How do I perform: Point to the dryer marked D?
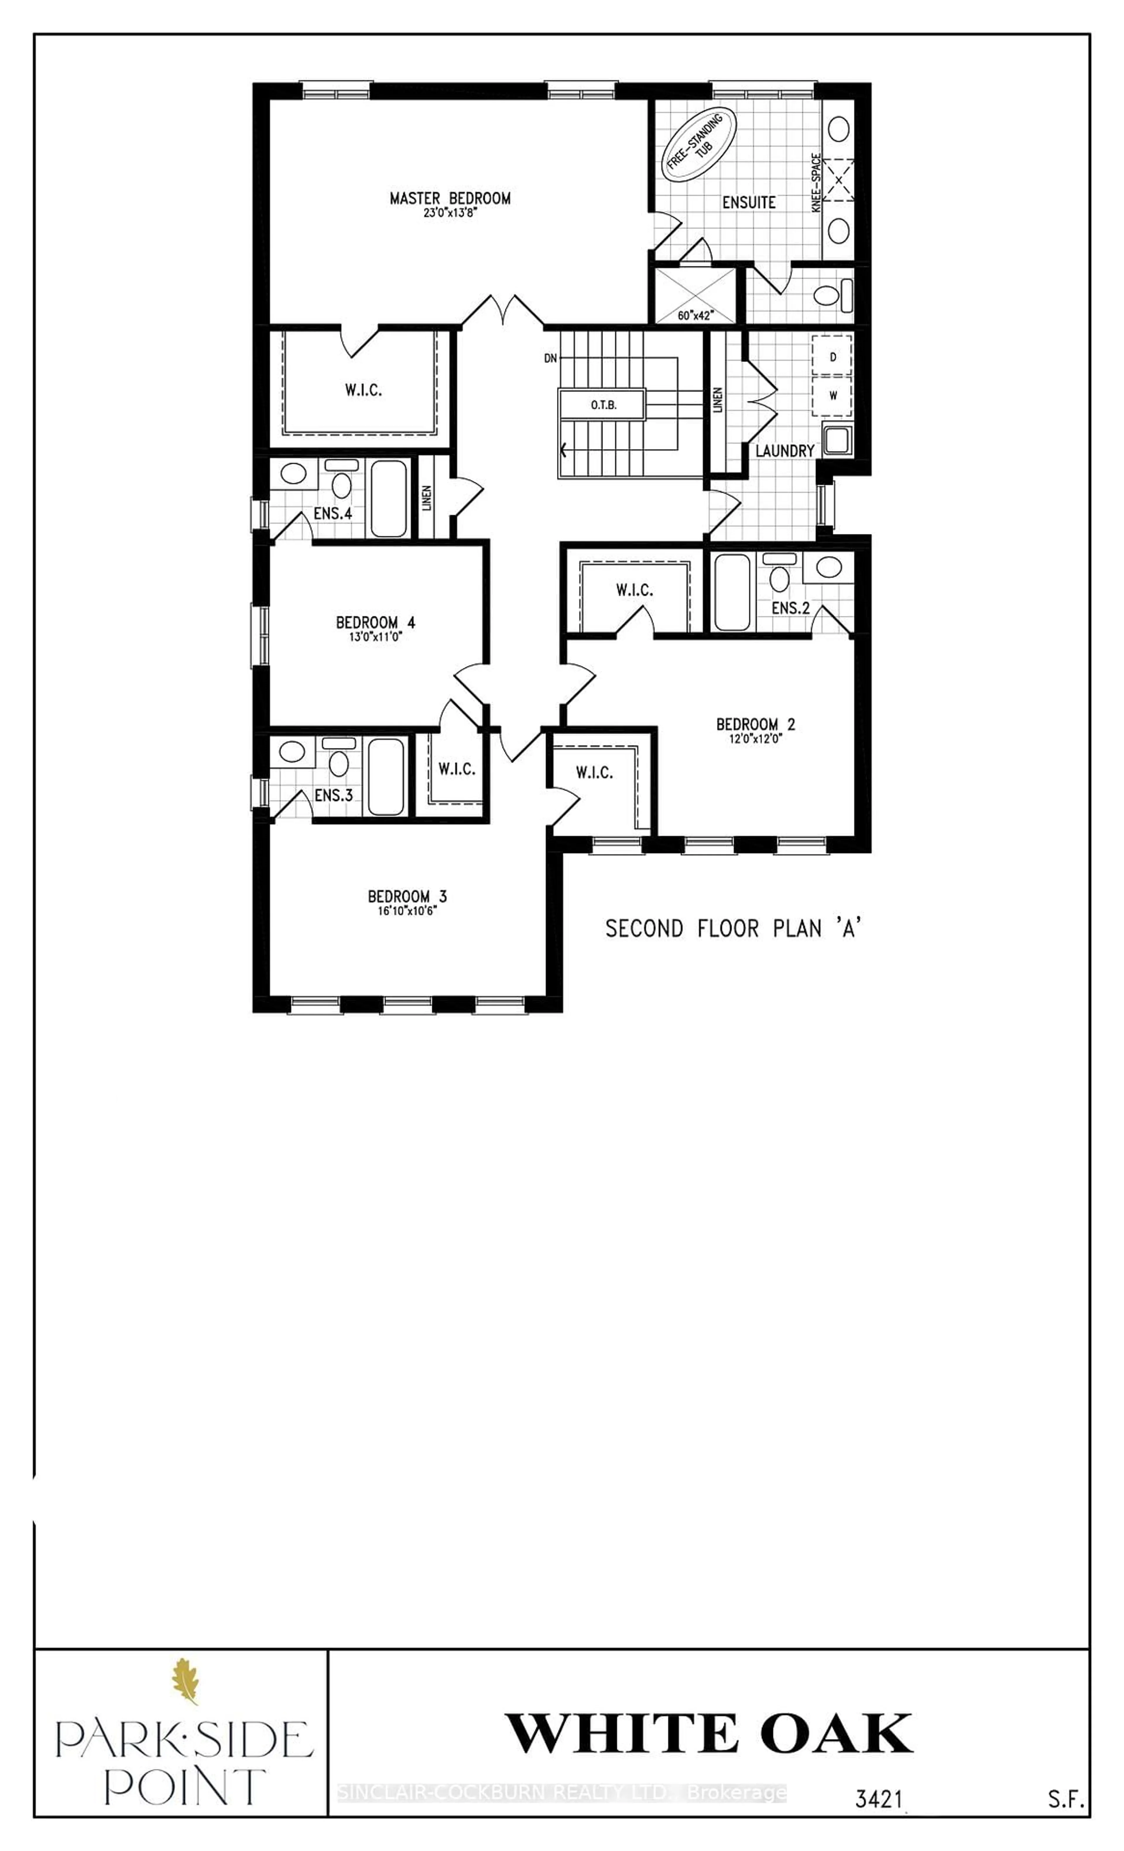tap(832, 357)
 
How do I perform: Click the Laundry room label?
tap(784, 451)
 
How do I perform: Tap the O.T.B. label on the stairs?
tap(603, 405)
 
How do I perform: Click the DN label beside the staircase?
tap(551, 358)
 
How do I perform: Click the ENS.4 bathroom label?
tap(333, 514)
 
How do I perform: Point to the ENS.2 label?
tap(790, 608)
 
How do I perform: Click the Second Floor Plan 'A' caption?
tap(733, 929)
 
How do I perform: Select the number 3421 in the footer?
tap(878, 1793)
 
